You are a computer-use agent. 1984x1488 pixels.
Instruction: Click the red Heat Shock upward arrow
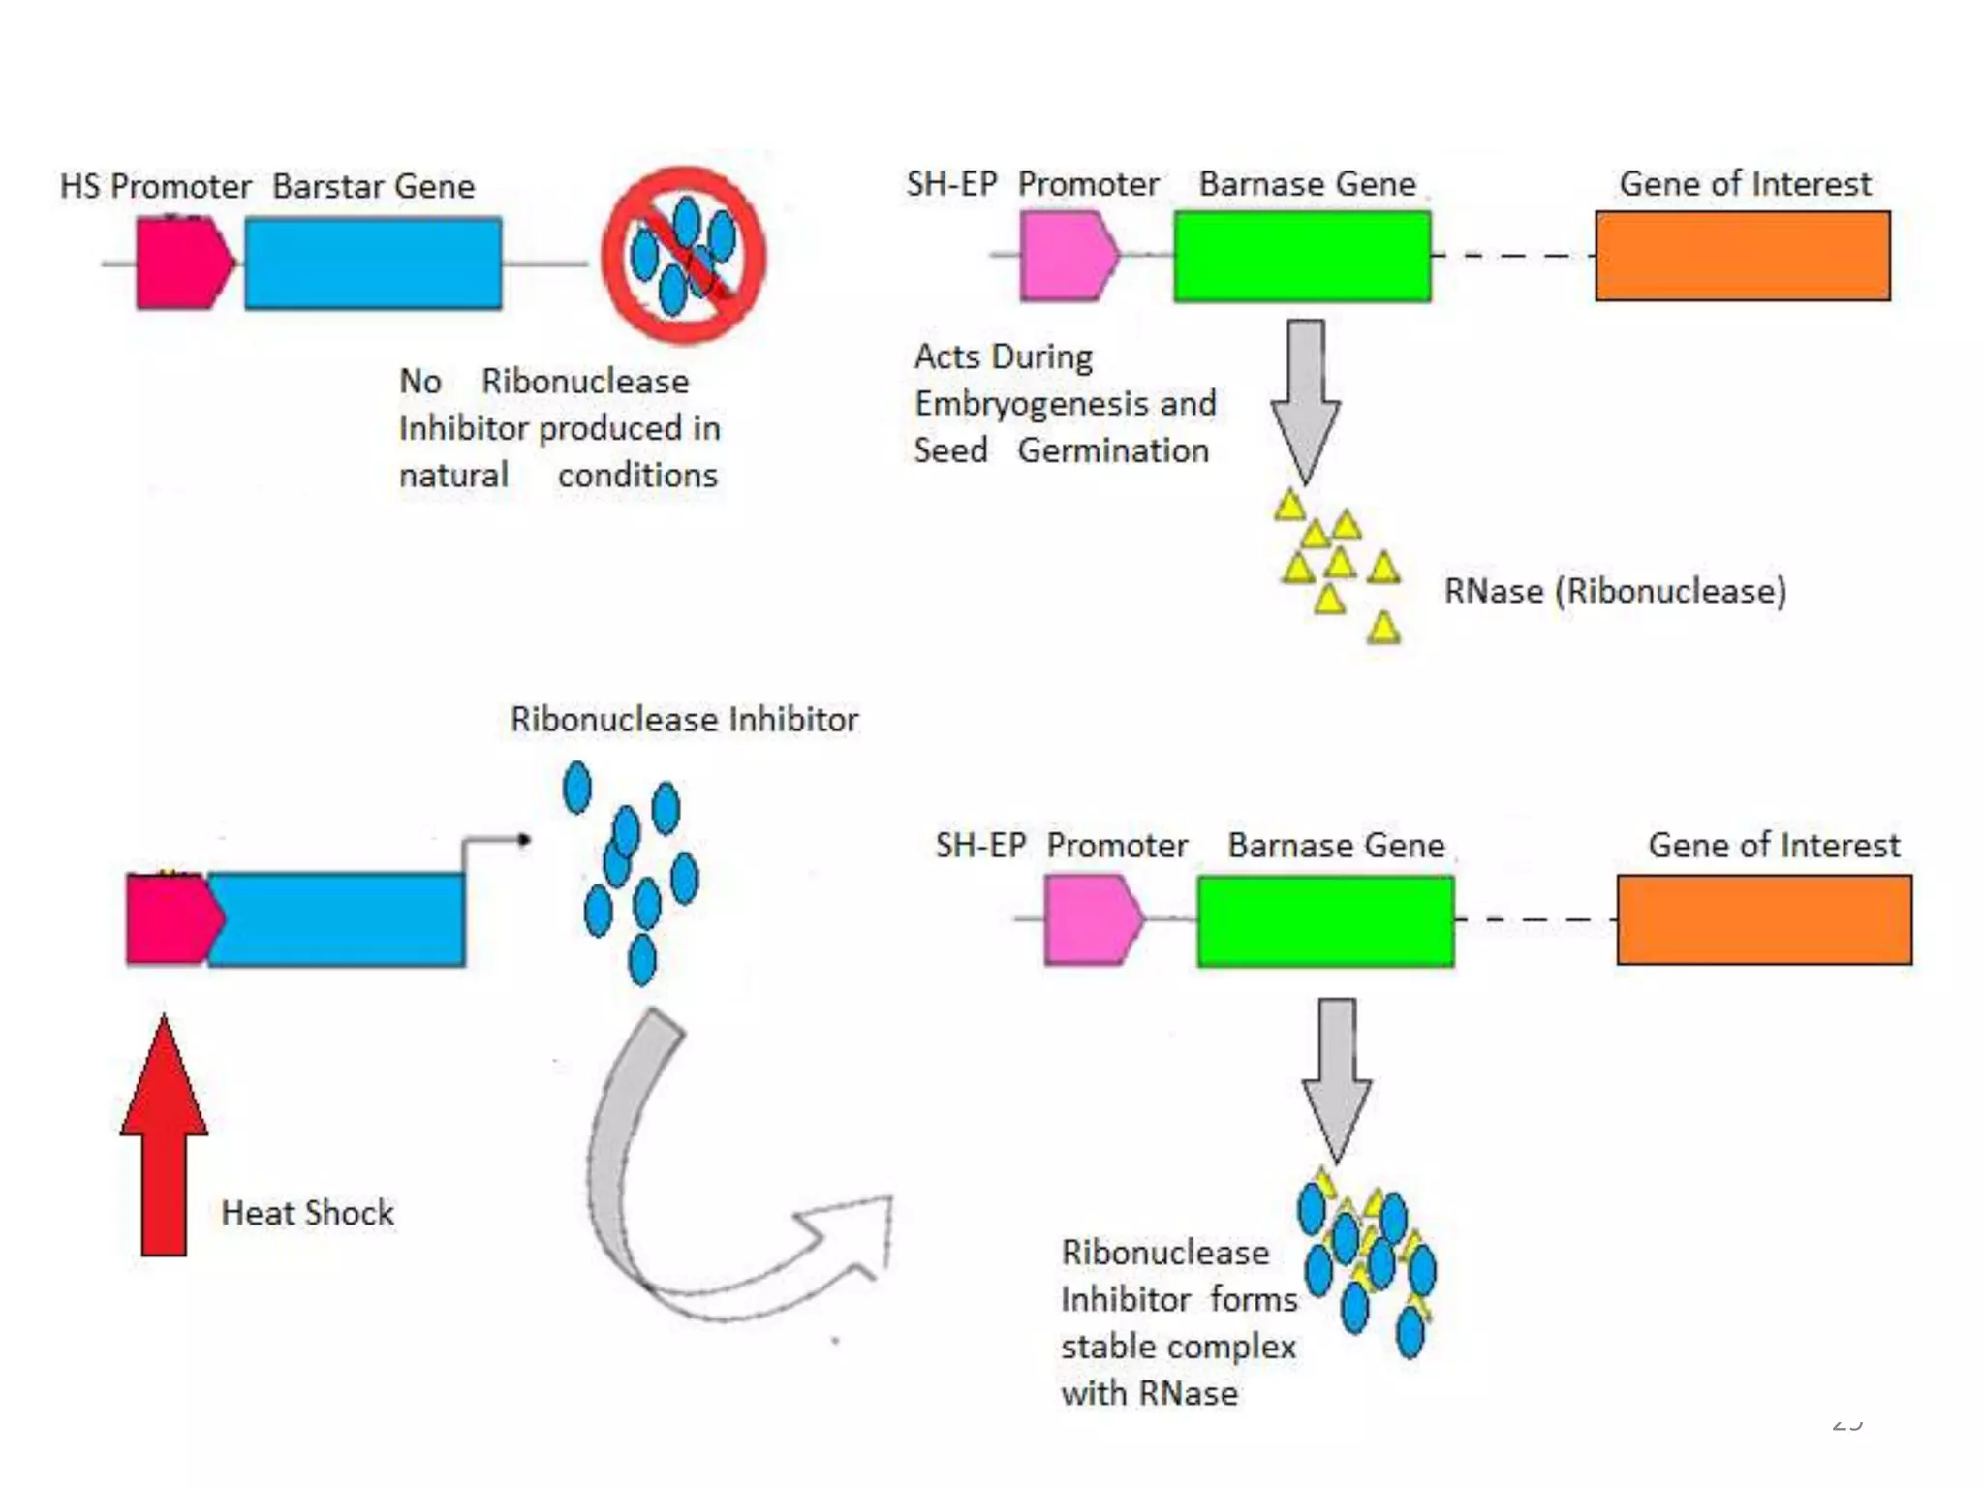coord(164,1143)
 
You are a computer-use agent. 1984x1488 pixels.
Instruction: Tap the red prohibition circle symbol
coord(684,256)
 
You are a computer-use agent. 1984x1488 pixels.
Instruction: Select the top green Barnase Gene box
coord(1302,257)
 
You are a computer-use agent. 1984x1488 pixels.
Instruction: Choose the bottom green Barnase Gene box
coord(1325,920)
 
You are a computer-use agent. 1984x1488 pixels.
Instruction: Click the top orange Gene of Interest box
coord(1743,256)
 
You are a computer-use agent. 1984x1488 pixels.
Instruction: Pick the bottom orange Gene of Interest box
coord(1764,919)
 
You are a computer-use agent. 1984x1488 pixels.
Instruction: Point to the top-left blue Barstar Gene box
coord(373,263)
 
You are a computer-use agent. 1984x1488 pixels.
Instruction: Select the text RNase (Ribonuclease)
coord(1615,591)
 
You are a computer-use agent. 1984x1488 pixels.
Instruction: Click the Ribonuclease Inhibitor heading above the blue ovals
coord(684,720)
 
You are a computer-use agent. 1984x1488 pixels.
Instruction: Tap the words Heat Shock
coord(307,1213)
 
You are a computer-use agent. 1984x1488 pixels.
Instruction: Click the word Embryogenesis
coord(1029,404)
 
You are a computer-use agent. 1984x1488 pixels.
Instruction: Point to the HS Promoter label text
coord(155,186)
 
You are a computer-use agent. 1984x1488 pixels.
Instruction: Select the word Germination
coord(1113,450)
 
